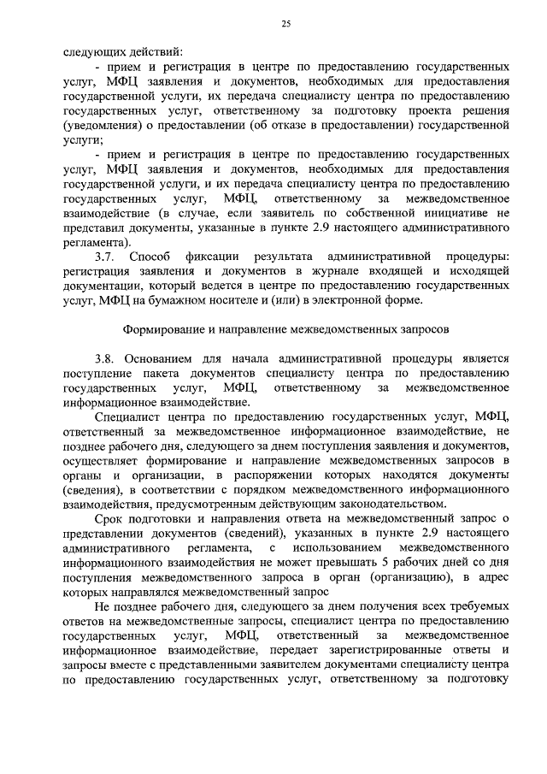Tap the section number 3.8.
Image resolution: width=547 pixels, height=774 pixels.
[106, 359]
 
